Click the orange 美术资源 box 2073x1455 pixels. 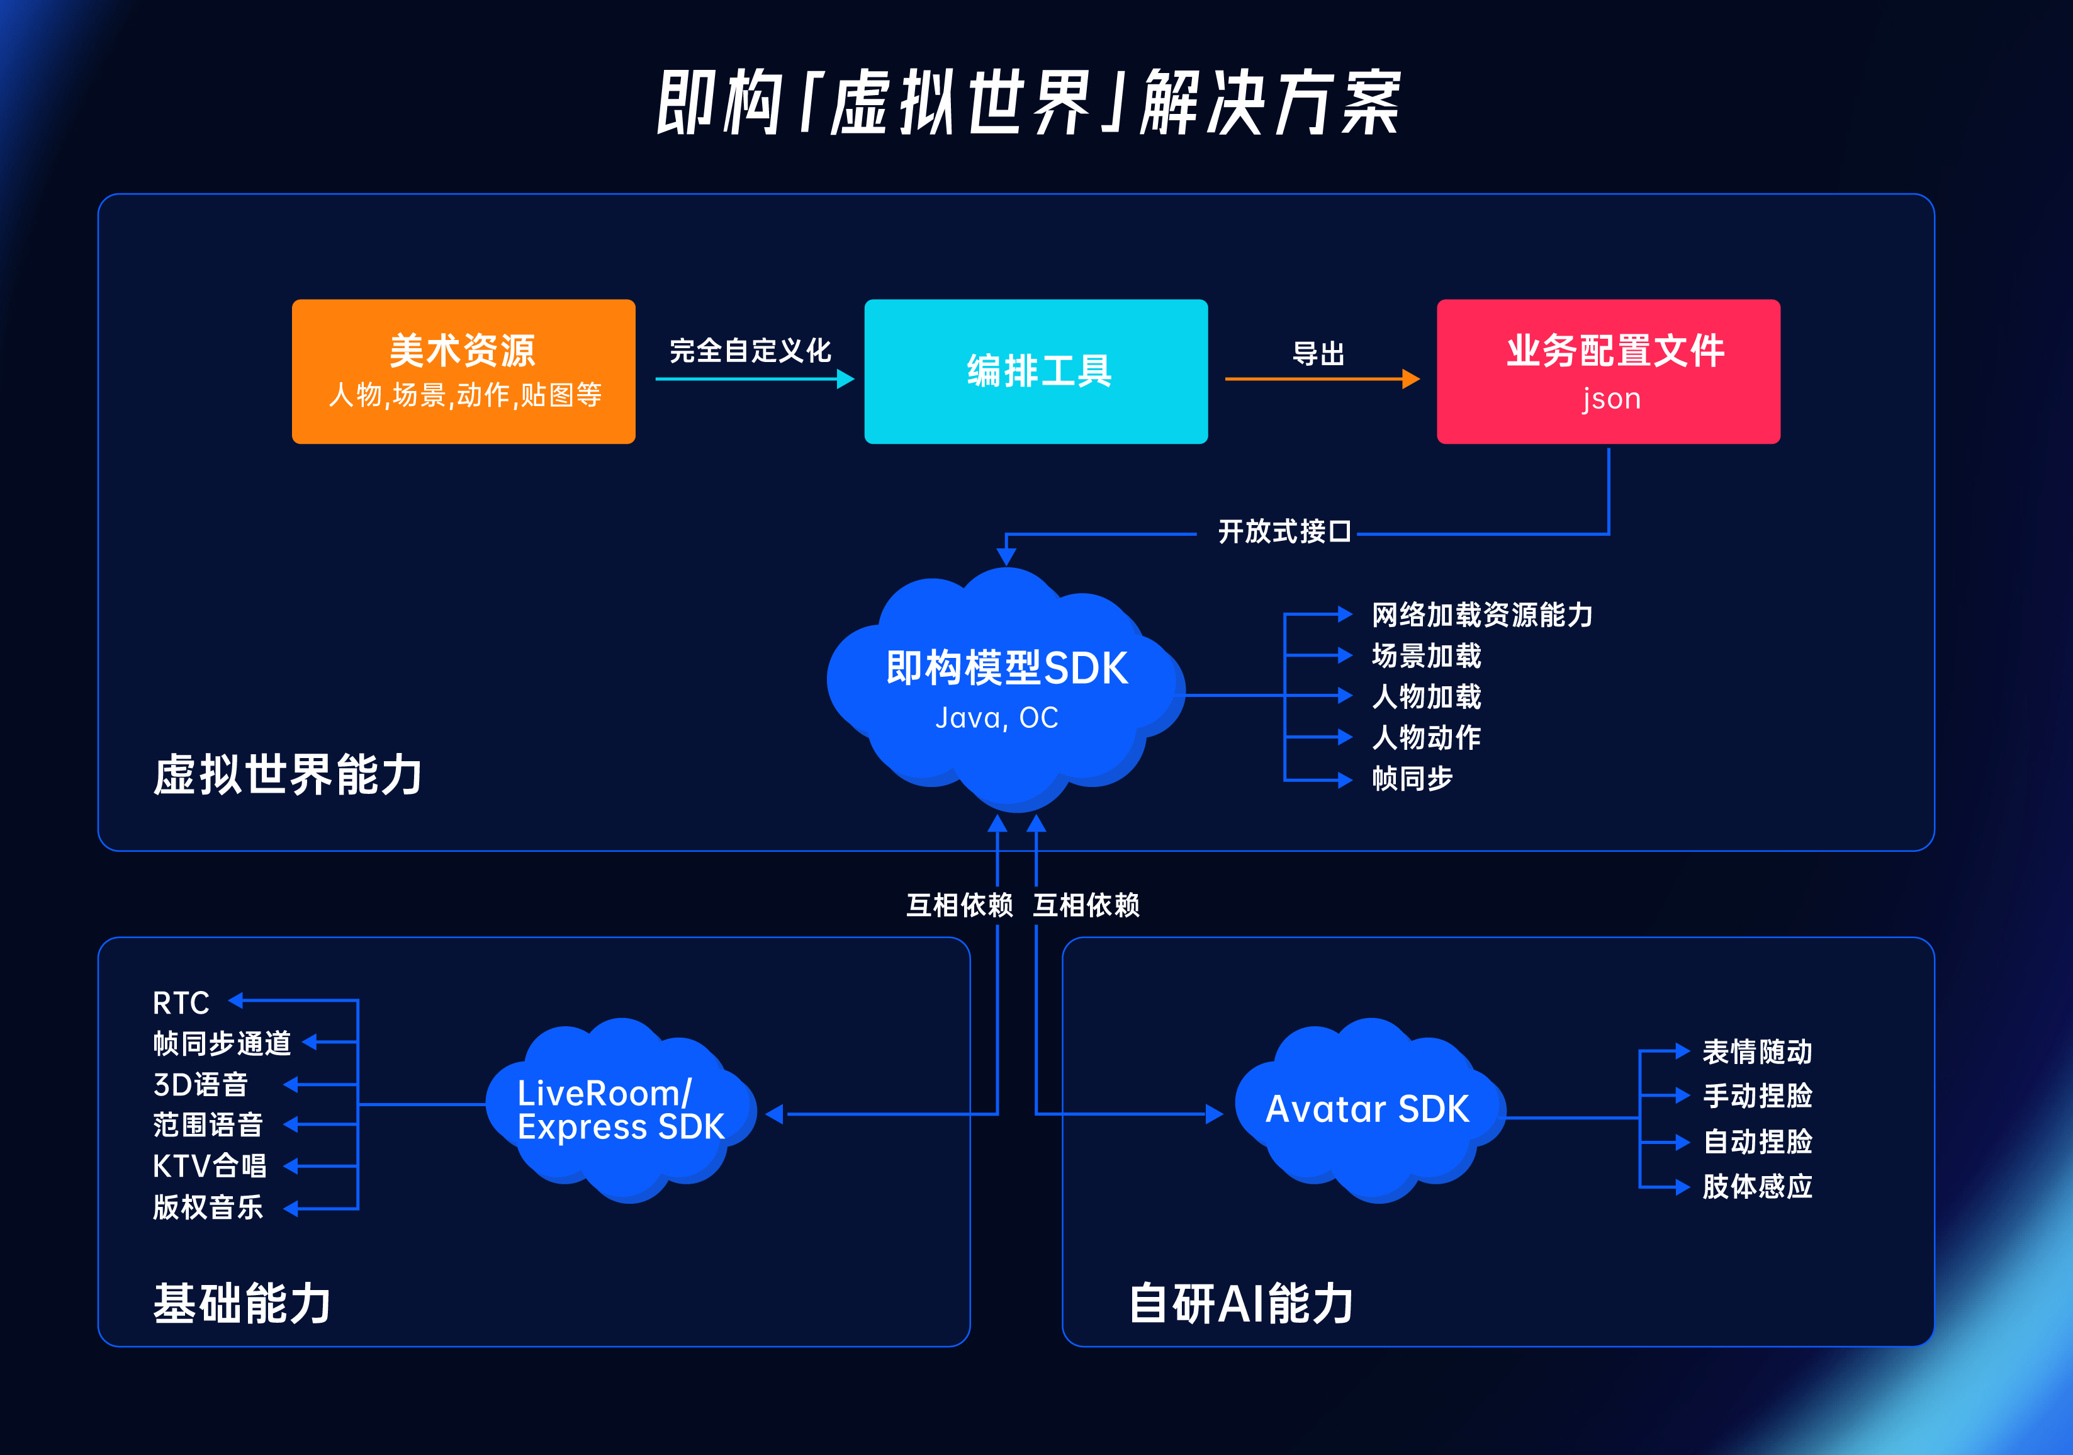pos(463,371)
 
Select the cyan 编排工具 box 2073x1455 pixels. pos(1036,371)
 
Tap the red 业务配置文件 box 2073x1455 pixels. pos(1608,371)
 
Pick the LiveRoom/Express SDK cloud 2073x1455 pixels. pos(621,1110)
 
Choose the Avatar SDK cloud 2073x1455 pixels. pos(1367,1110)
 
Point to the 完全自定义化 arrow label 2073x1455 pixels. pos(750,351)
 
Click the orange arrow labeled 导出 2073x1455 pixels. pos(1321,378)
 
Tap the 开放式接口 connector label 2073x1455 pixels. pos(1284,532)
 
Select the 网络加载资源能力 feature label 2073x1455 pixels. pos(1481,615)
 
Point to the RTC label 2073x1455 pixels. pos(181,1002)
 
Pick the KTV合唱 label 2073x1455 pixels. pos(210,1166)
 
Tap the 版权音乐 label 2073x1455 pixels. pos(208,1208)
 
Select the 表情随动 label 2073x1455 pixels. pos(1757,1052)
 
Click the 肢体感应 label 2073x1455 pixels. pos(1757,1187)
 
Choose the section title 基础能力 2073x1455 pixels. pos(242,1303)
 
